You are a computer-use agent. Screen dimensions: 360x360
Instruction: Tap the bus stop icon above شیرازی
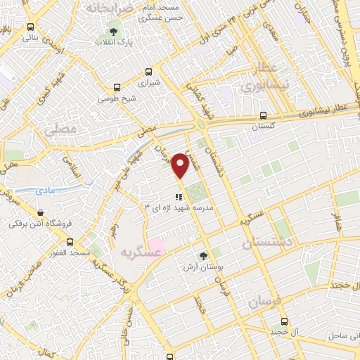tap(148, 72)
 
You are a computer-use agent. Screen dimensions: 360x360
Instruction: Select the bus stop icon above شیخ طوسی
tap(116, 88)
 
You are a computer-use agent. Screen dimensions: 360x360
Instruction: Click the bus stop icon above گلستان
tap(263, 116)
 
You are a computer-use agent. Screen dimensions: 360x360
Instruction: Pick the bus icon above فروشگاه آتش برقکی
tap(40, 213)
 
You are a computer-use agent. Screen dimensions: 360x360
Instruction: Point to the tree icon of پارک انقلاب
tap(114, 32)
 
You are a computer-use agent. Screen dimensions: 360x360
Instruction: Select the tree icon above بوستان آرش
tap(203, 257)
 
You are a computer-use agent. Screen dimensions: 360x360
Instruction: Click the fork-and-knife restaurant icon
tap(179, 197)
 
